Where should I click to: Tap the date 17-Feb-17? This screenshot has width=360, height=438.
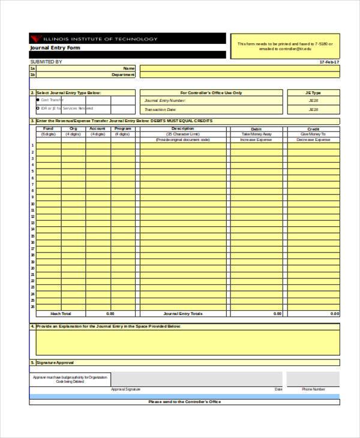pos(329,62)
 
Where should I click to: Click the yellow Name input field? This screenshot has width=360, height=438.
pos(240,68)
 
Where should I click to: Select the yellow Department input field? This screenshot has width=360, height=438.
pos(240,75)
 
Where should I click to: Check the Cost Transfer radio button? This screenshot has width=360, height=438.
pos(38,100)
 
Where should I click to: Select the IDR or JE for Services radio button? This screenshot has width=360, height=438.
pos(38,108)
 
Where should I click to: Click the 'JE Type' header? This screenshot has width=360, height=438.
pos(313,93)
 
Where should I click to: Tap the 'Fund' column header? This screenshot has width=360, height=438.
pos(49,128)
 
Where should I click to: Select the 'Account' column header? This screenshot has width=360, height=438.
pos(97,128)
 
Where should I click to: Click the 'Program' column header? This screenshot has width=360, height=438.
pos(122,128)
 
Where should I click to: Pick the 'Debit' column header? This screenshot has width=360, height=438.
pos(256,129)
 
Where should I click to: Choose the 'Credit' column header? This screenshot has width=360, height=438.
pos(313,129)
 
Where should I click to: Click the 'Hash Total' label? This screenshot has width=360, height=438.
pos(61,314)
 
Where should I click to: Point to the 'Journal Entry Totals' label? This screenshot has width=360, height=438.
pos(183,314)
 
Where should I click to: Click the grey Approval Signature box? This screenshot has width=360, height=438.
pos(196,378)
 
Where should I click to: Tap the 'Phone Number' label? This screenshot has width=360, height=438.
pos(313,389)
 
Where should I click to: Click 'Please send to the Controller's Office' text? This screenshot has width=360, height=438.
pos(184,401)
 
